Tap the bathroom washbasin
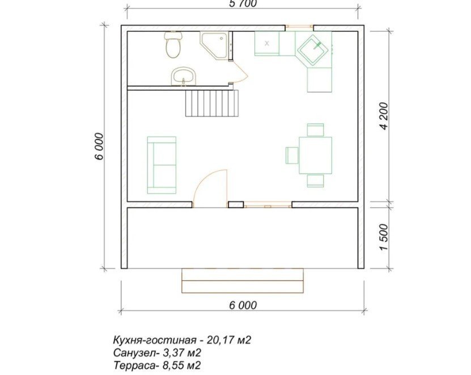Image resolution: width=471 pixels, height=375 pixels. click(x=184, y=76)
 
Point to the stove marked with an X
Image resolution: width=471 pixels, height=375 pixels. click(x=267, y=44)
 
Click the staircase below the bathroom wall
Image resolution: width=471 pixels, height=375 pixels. click(x=212, y=103)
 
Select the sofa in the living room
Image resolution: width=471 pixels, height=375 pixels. click(x=162, y=165)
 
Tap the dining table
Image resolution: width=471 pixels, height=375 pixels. click(x=315, y=155)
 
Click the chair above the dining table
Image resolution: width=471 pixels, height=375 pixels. click(x=315, y=130)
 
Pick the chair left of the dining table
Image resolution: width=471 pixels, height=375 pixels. click(x=292, y=155)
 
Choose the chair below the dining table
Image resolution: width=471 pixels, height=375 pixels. click(x=315, y=180)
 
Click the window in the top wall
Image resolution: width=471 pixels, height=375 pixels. click(x=299, y=27)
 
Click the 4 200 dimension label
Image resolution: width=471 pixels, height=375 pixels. click(x=384, y=116)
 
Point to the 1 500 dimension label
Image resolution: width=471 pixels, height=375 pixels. click(x=384, y=237)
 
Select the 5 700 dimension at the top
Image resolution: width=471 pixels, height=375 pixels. click(x=243, y=3)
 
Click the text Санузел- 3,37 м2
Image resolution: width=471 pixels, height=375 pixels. click(x=158, y=352)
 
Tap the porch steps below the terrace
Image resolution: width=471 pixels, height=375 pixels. click(x=243, y=281)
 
